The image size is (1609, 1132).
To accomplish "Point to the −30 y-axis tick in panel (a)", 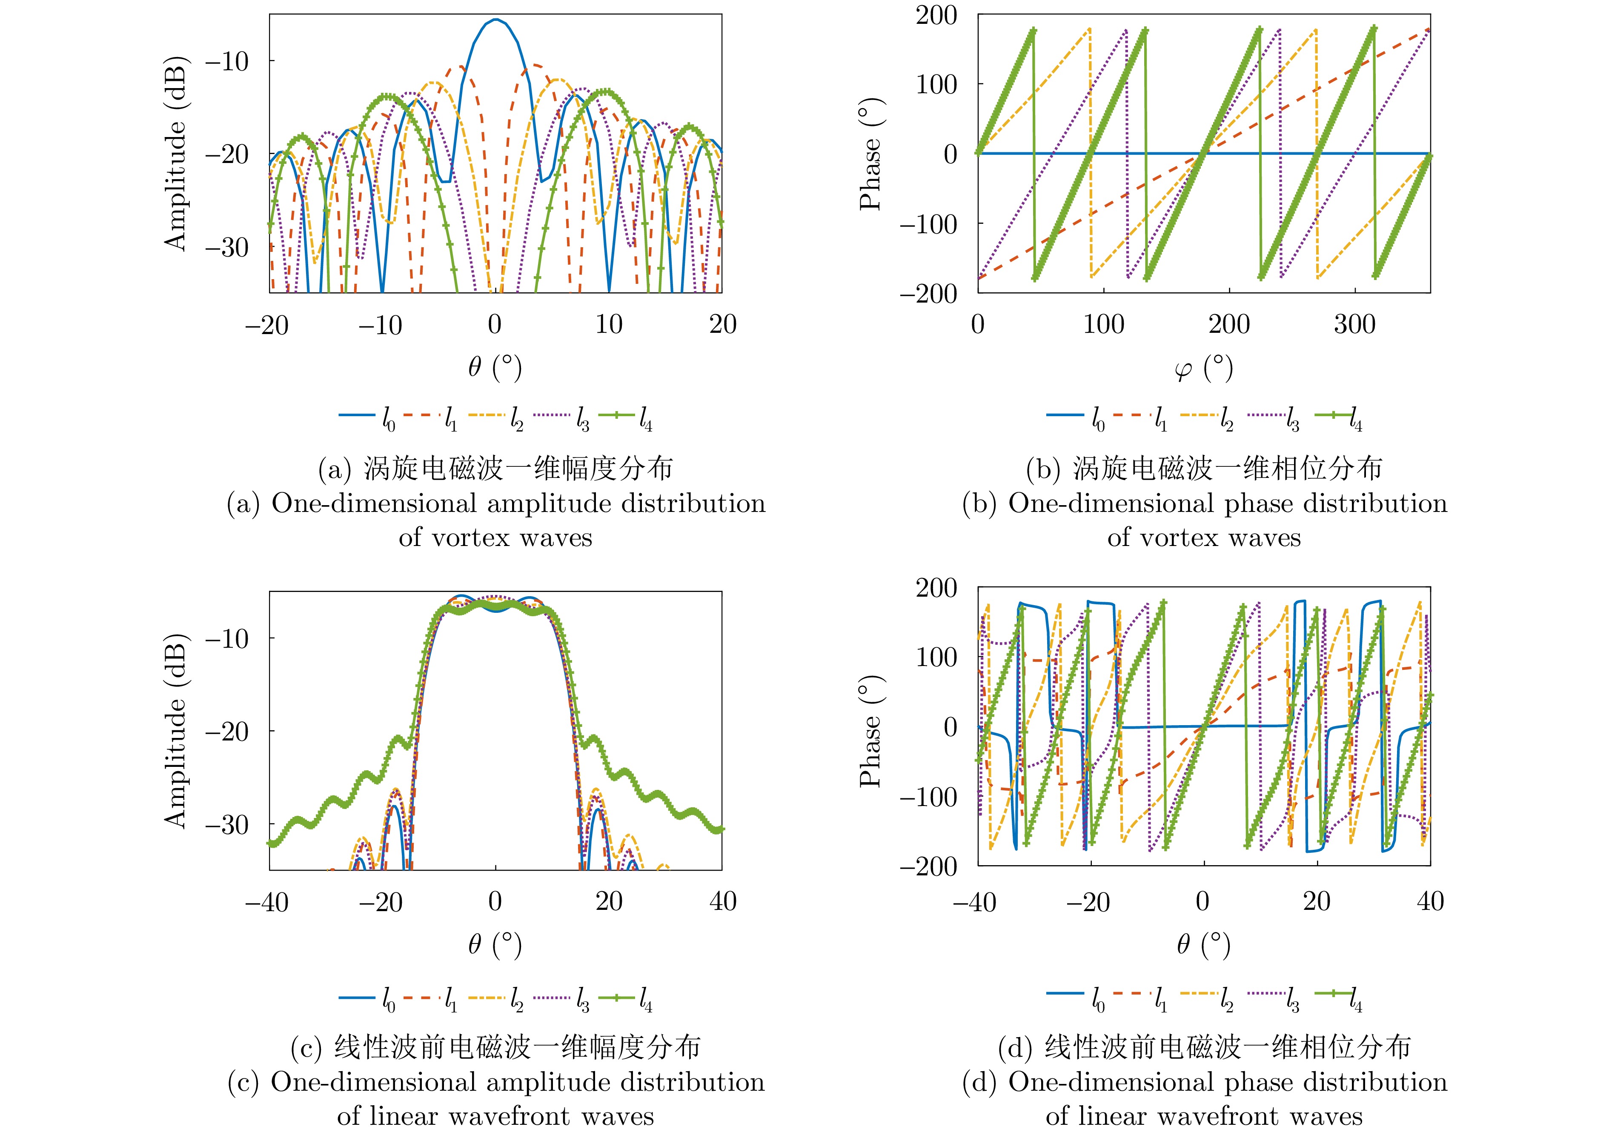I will pos(227,247).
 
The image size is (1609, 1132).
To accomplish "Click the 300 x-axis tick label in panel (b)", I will pos(1354,324).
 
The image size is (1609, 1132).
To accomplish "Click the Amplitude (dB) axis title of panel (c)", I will pos(175,731).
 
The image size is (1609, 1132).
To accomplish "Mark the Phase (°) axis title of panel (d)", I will pos(870,731).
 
